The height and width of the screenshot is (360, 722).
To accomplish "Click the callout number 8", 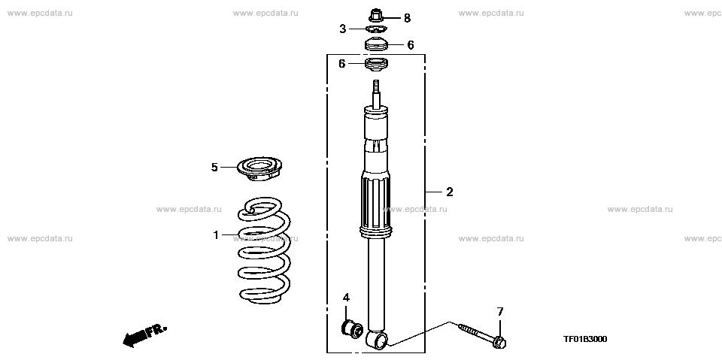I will pyautogui.click(x=407, y=17).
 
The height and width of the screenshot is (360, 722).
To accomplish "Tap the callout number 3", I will pyautogui.click(x=342, y=29).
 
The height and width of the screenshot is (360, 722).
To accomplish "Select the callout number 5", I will pyautogui.click(x=214, y=167).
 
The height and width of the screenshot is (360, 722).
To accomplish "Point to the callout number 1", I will pyautogui.click(x=216, y=235).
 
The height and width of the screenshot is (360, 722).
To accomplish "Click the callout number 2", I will pyautogui.click(x=449, y=192).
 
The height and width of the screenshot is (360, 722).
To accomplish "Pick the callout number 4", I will pyautogui.click(x=346, y=298).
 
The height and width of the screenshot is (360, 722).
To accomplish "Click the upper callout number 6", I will pyautogui.click(x=411, y=45).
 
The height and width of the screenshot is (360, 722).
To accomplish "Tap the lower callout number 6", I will pyautogui.click(x=341, y=64).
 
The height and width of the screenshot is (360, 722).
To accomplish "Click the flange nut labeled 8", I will pyautogui.click(x=376, y=15).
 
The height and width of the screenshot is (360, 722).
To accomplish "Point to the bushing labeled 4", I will pyautogui.click(x=352, y=328).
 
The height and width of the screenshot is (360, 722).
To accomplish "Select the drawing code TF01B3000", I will pyautogui.click(x=585, y=339).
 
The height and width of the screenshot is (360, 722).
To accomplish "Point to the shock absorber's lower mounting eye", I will pyautogui.click(x=378, y=340).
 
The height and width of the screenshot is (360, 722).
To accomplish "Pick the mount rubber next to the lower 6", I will pyautogui.click(x=376, y=65).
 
